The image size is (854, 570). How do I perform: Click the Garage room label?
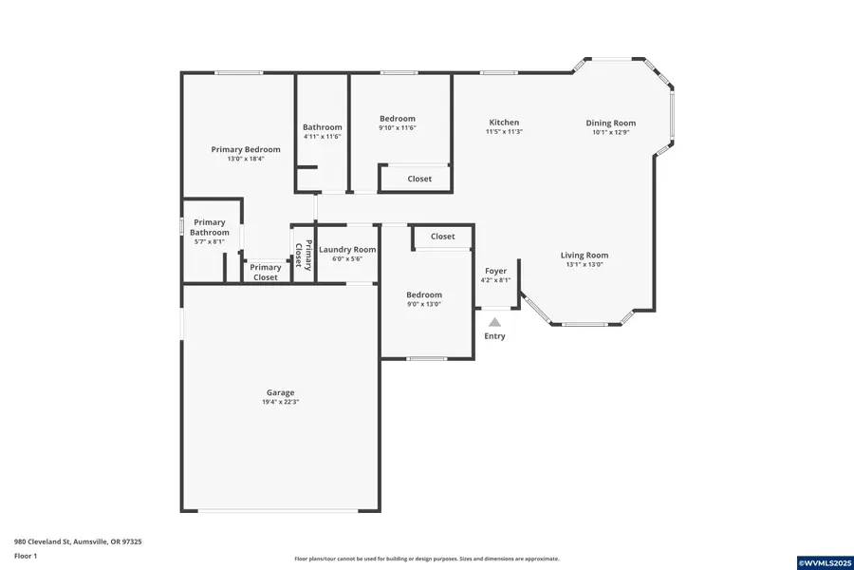280,392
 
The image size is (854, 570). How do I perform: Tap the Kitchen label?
504,123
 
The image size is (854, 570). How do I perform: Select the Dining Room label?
610,123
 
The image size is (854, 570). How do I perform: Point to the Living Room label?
585,255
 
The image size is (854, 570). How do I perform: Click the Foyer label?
495,271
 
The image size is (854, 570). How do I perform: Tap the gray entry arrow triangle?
494,322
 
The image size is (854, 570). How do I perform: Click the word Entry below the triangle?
495,336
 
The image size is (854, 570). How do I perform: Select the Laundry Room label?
347,250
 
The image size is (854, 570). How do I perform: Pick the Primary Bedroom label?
246,149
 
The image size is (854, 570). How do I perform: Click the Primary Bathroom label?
210,227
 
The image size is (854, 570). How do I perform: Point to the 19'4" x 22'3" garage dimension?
280,403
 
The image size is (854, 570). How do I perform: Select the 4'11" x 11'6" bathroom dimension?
323,137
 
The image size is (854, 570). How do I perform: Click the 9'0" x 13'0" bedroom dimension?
424,305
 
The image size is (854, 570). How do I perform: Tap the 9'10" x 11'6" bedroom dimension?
398,128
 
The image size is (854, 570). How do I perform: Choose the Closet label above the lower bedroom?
442,237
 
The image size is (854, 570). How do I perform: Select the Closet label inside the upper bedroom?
419,179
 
